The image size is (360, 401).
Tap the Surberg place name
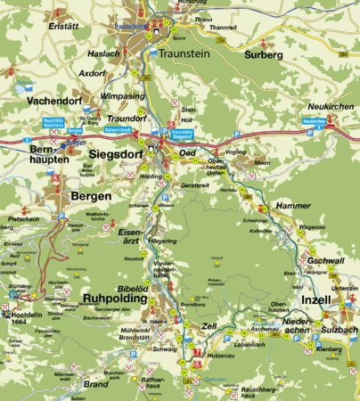click(263, 53)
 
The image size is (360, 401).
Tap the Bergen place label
click(91, 195)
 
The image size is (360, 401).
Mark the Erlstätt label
click(64, 26)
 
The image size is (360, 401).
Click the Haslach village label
click(104, 55)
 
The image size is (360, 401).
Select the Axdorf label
click(92, 74)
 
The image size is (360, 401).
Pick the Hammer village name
click(293, 206)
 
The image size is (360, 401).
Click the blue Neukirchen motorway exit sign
click(315, 120)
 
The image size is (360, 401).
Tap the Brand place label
click(95, 384)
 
